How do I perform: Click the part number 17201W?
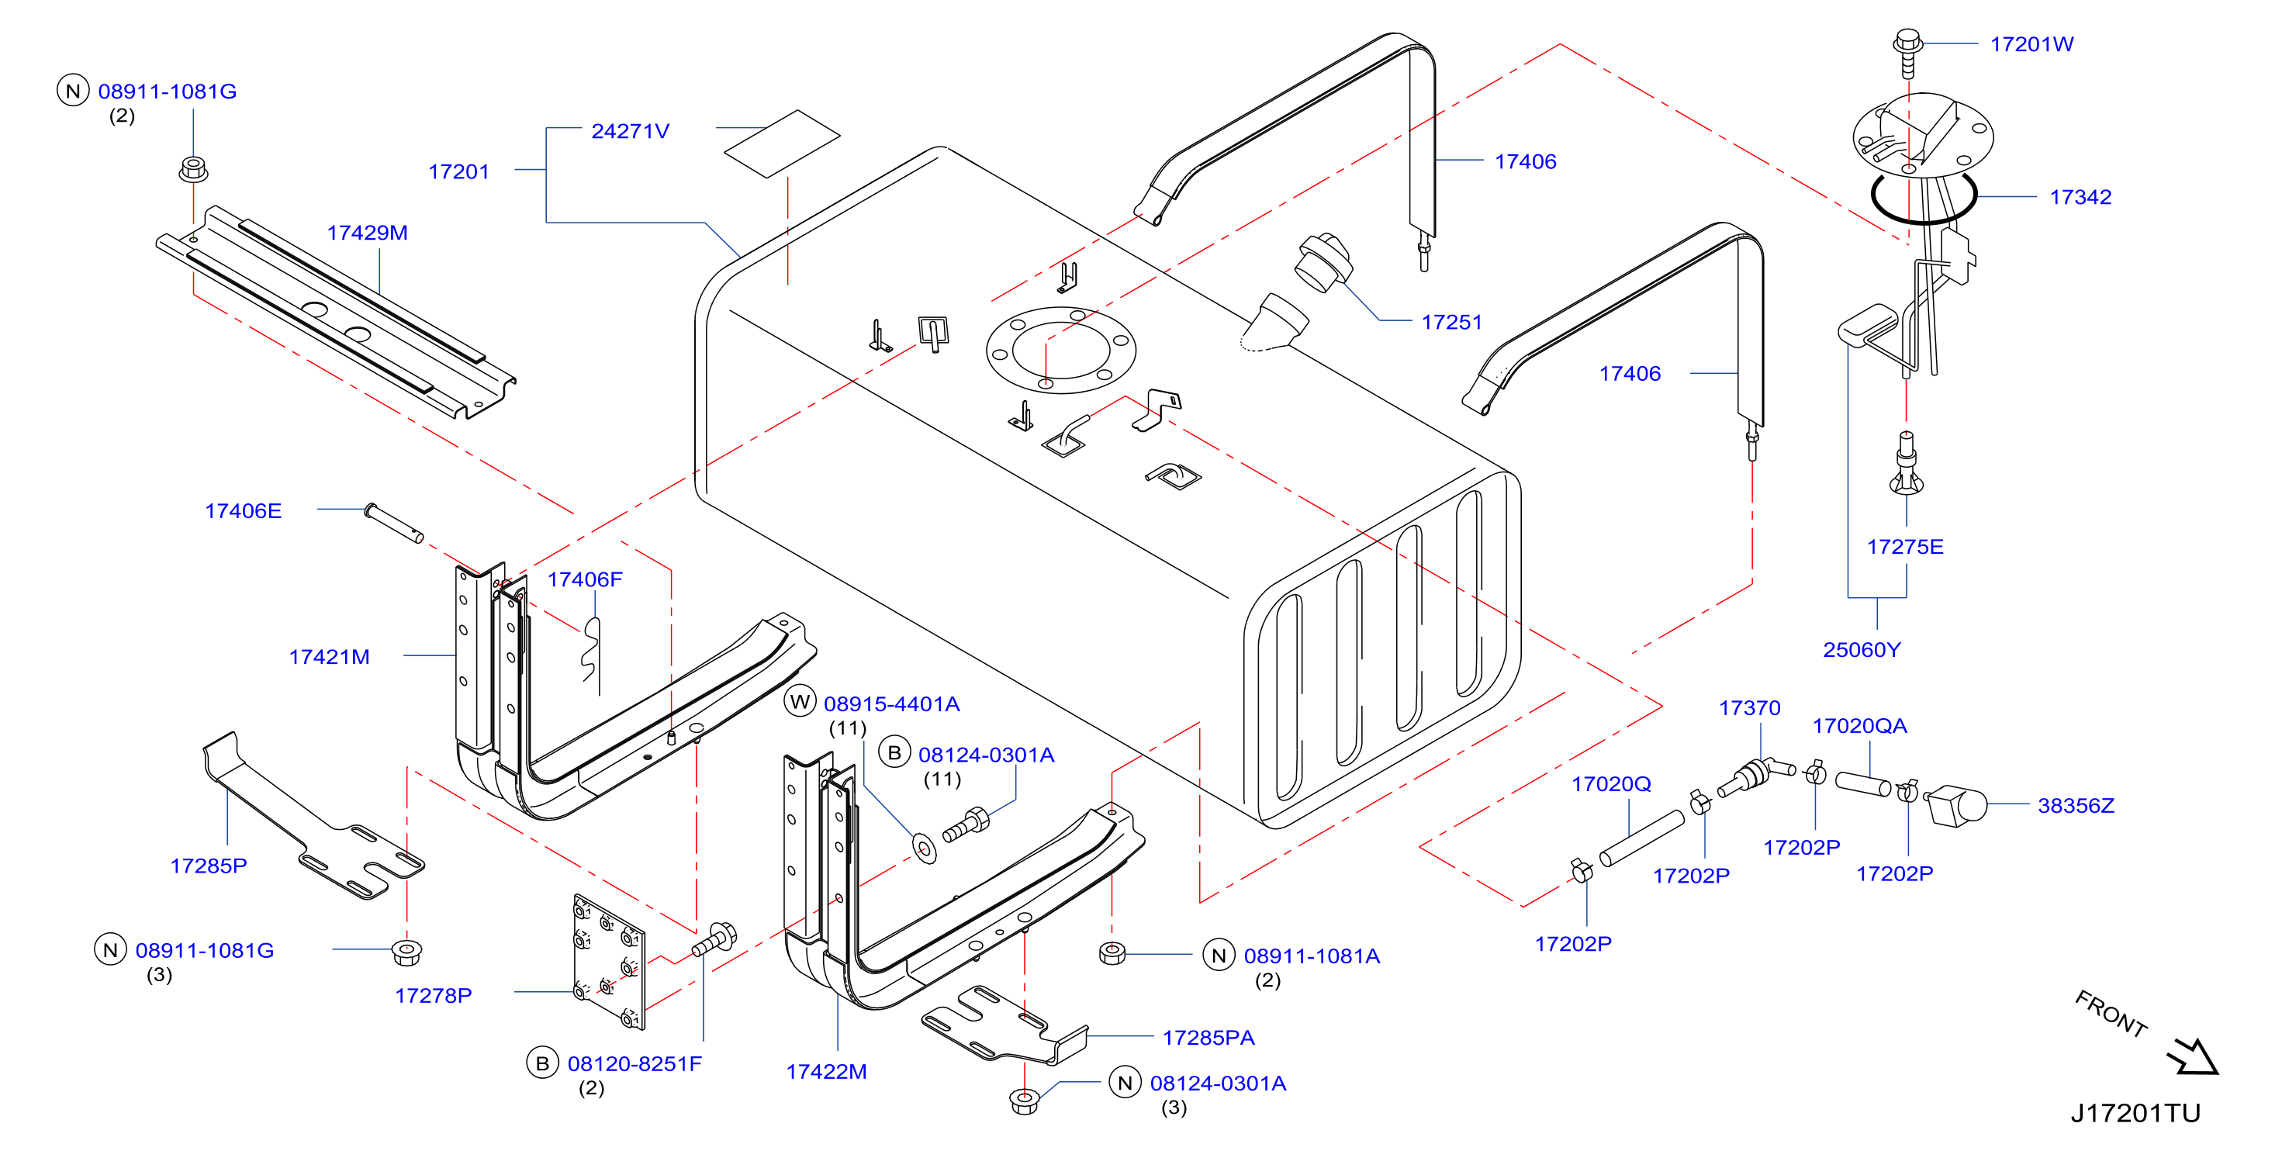(2031, 44)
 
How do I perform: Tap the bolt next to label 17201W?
(1907, 54)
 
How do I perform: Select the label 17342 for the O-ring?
(2080, 197)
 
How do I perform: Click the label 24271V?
(630, 132)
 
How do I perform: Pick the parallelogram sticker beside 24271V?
(782, 144)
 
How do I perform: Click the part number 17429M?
(367, 233)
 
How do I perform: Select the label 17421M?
(329, 658)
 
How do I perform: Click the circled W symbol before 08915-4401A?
(800, 702)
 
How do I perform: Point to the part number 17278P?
(433, 997)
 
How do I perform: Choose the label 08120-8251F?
(634, 1065)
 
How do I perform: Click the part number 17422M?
(826, 1073)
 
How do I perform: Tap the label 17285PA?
(1208, 1038)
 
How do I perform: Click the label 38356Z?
(2076, 806)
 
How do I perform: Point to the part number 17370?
(1750, 708)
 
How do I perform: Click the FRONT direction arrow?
(2192, 1057)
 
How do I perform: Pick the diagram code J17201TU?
(2135, 1114)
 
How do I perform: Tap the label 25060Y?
(1862, 651)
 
